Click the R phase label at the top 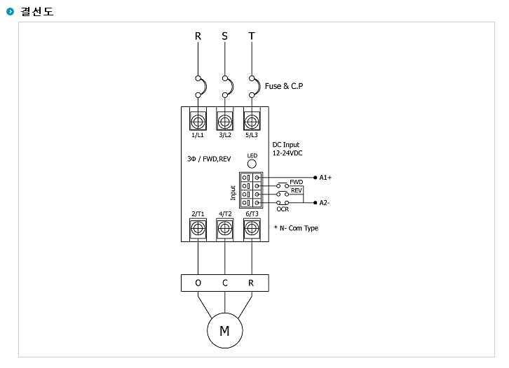pos(198,36)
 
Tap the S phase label pos(224,36)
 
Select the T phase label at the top pos(252,36)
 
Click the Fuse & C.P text pos(284,86)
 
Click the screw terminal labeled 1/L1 pos(198,122)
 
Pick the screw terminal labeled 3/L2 pos(224,122)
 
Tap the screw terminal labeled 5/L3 pos(252,122)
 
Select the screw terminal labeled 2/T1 pos(198,229)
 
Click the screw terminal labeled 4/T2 pos(224,229)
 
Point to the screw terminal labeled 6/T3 pos(252,229)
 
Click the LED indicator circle pos(252,164)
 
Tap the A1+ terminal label pos(325,178)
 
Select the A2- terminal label pos(325,203)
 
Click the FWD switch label pos(297,182)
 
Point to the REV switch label pos(297,190)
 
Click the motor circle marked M pos(224,331)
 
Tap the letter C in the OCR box pos(225,283)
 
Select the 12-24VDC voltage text pos(287,153)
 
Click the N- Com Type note pos(296,228)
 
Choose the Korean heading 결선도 pos(37,12)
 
